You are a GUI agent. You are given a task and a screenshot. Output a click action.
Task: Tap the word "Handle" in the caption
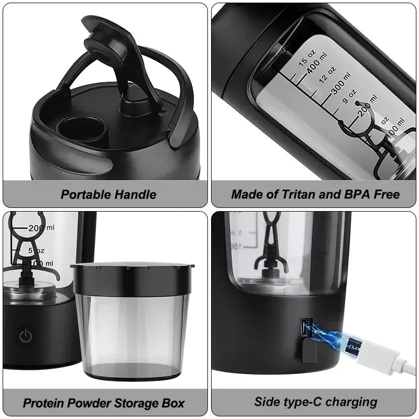tap(136, 195)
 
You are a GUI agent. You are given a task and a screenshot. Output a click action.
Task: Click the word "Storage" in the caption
tap(136, 403)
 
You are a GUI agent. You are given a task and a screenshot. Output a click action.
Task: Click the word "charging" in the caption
tap(352, 402)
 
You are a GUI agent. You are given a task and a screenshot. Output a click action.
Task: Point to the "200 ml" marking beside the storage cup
tap(41, 228)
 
